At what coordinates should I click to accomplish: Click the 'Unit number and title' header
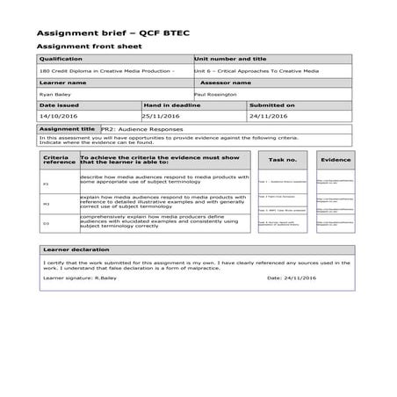(233, 58)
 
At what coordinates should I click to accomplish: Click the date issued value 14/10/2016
(60, 115)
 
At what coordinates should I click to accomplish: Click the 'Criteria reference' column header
(58, 159)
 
